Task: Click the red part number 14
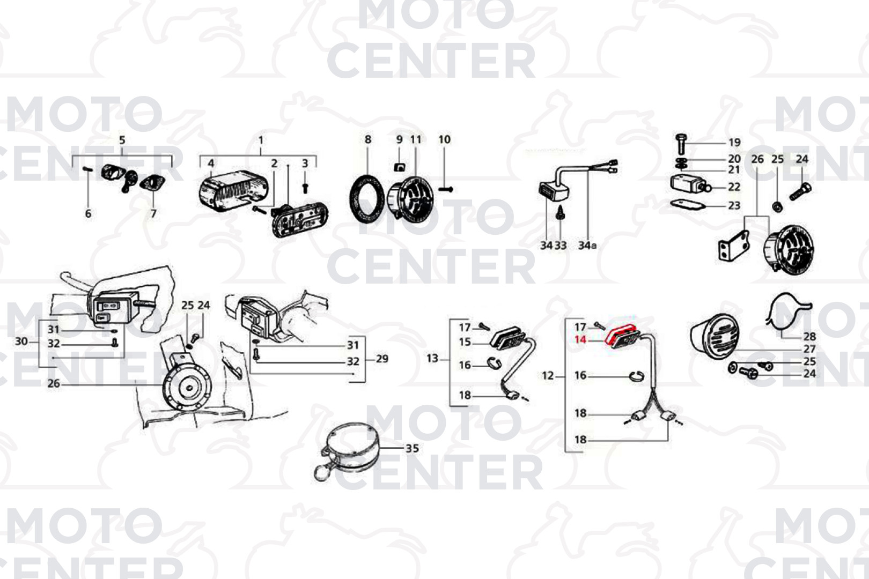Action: [x=580, y=340]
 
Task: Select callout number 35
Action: [x=412, y=448]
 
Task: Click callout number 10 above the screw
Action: [x=445, y=139]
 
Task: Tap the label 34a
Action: [x=587, y=245]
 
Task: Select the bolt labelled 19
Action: [x=682, y=144]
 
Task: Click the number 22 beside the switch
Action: [x=734, y=187]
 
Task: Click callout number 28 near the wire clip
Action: [x=809, y=336]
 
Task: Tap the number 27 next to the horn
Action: [x=809, y=348]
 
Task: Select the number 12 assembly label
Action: [x=548, y=375]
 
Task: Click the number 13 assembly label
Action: [x=432, y=358]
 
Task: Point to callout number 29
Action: [x=382, y=359]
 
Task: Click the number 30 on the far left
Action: [x=21, y=342]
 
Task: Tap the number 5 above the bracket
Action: [x=122, y=139]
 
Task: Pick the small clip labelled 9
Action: [x=399, y=167]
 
